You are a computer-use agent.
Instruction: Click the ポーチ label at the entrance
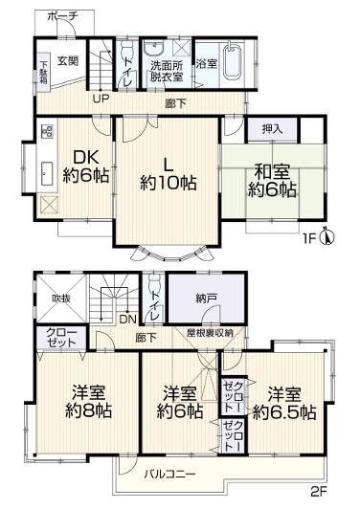(x=62, y=16)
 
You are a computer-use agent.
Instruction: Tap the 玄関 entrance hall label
(x=68, y=60)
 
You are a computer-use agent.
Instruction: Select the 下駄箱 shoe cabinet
(x=43, y=73)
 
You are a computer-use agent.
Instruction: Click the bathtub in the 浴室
(x=233, y=61)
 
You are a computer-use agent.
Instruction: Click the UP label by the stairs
(x=101, y=99)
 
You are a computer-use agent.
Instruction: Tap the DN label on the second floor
(x=127, y=320)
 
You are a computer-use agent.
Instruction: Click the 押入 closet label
(x=272, y=129)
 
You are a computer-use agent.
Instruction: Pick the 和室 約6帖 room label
(x=272, y=181)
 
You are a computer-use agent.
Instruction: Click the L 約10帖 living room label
(x=168, y=175)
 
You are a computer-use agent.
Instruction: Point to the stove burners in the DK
(x=48, y=131)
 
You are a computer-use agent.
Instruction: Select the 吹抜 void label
(x=61, y=298)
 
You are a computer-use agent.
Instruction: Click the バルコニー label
(x=169, y=474)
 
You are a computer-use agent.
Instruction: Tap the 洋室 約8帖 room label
(x=88, y=401)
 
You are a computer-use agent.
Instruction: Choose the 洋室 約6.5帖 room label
(x=284, y=404)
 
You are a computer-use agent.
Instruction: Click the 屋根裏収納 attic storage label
(x=210, y=333)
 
